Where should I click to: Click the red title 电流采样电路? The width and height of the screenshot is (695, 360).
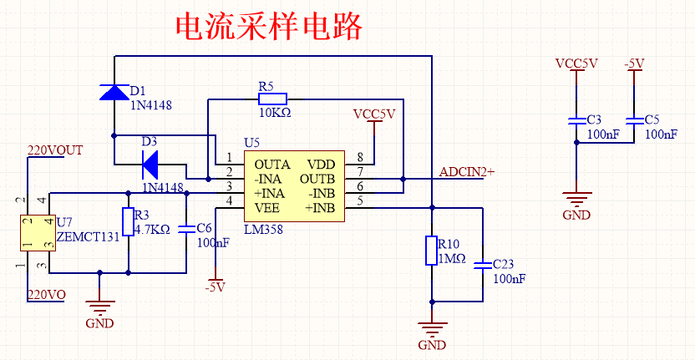pyautogui.click(x=268, y=27)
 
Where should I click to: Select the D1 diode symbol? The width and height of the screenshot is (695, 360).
pyautogui.click(x=114, y=91)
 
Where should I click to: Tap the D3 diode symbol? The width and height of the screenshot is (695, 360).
pyautogui.click(x=151, y=160)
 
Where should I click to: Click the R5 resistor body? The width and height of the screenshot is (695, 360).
pyautogui.click(x=273, y=99)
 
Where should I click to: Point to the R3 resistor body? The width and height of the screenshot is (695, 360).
pyautogui.click(x=128, y=222)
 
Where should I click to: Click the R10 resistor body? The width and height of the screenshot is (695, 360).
pyautogui.click(x=431, y=251)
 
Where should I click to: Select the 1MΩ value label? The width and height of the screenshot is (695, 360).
pyautogui.click(x=451, y=259)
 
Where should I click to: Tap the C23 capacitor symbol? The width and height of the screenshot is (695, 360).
pyautogui.click(x=483, y=266)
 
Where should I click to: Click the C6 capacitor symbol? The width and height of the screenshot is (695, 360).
pyautogui.click(x=185, y=227)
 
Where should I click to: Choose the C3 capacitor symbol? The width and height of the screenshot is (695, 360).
pyautogui.click(x=575, y=121)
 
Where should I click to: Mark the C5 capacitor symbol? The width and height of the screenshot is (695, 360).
pyautogui.click(x=634, y=121)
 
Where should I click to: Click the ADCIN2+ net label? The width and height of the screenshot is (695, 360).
pyautogui.click(x=467, y=172)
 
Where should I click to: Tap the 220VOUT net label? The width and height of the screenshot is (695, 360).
pyautogui.click(x=56, y=150)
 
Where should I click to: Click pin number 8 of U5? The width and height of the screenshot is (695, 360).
pyautogui.click(x=360, y=157)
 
